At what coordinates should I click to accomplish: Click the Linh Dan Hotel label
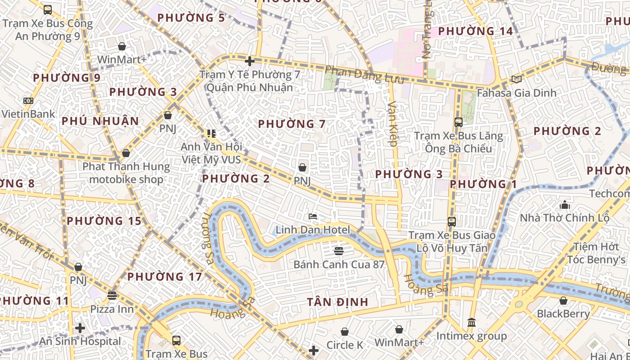tap(313, 230)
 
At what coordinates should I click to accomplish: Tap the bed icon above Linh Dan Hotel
tap(313, 216)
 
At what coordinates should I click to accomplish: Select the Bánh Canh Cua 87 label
tap(339, 264)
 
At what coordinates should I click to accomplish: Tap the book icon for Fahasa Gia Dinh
tap(517, 80)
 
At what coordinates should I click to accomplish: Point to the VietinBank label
tap(28, 114)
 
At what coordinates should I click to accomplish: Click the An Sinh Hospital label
tap(80, 341)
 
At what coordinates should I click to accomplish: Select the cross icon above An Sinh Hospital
tap(80, 328)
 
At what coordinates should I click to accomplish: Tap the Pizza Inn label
tap(112, 309)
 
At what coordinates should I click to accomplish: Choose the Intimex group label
tap(472, 336)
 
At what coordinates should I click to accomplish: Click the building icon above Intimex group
tap(472, 322)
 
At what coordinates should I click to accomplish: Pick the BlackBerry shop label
tap(563, 314)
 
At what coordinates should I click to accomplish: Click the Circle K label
tap(345, 345)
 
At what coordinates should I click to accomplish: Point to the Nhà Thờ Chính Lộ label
tap(564, 218)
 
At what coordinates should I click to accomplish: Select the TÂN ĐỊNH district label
tap(337, 302)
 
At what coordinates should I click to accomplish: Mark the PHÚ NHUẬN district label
tap(100, 121)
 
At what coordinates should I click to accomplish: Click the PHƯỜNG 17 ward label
tap(165, 276)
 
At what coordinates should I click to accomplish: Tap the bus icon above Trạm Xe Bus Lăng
tap(458, 122)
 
